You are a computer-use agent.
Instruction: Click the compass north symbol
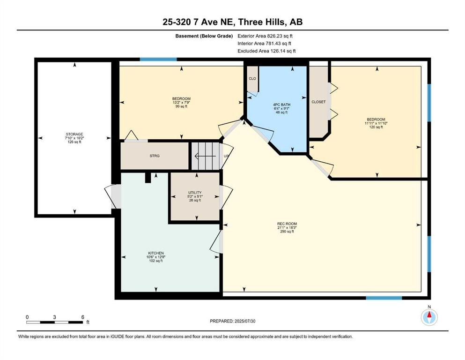click(429, 317)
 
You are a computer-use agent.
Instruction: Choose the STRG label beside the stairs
click(155, 156)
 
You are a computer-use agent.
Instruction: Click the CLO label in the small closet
click(252, 78)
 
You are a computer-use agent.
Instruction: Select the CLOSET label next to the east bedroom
click(318, 102)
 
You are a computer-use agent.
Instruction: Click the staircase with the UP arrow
click(206, 156)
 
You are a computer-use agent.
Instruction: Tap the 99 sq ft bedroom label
click(181, 102)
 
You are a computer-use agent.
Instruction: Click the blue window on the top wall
click(158, 60)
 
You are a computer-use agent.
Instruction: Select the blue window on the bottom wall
click(384, 298)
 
